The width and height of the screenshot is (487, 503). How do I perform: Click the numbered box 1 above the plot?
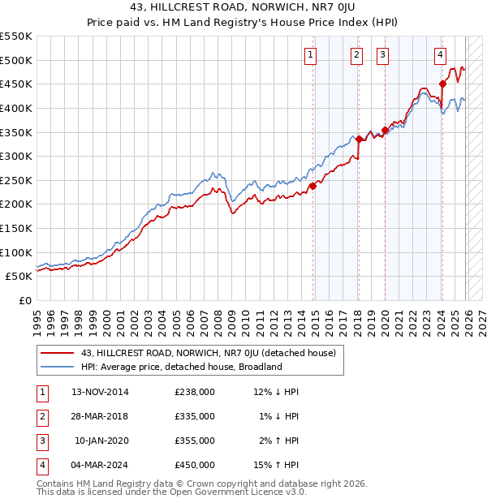311,55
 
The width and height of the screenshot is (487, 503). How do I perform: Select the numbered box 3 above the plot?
382,55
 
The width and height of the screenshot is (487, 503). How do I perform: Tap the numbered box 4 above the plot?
439,55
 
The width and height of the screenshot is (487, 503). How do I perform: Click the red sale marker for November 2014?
312,186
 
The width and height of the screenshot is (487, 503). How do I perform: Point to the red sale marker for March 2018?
358,139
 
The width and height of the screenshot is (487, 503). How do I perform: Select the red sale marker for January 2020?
385,130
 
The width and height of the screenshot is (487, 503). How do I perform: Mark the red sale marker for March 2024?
442,84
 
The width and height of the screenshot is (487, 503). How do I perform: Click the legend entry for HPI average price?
180,367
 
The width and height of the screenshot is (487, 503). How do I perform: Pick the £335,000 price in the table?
194,416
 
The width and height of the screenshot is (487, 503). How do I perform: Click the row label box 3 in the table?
40,441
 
